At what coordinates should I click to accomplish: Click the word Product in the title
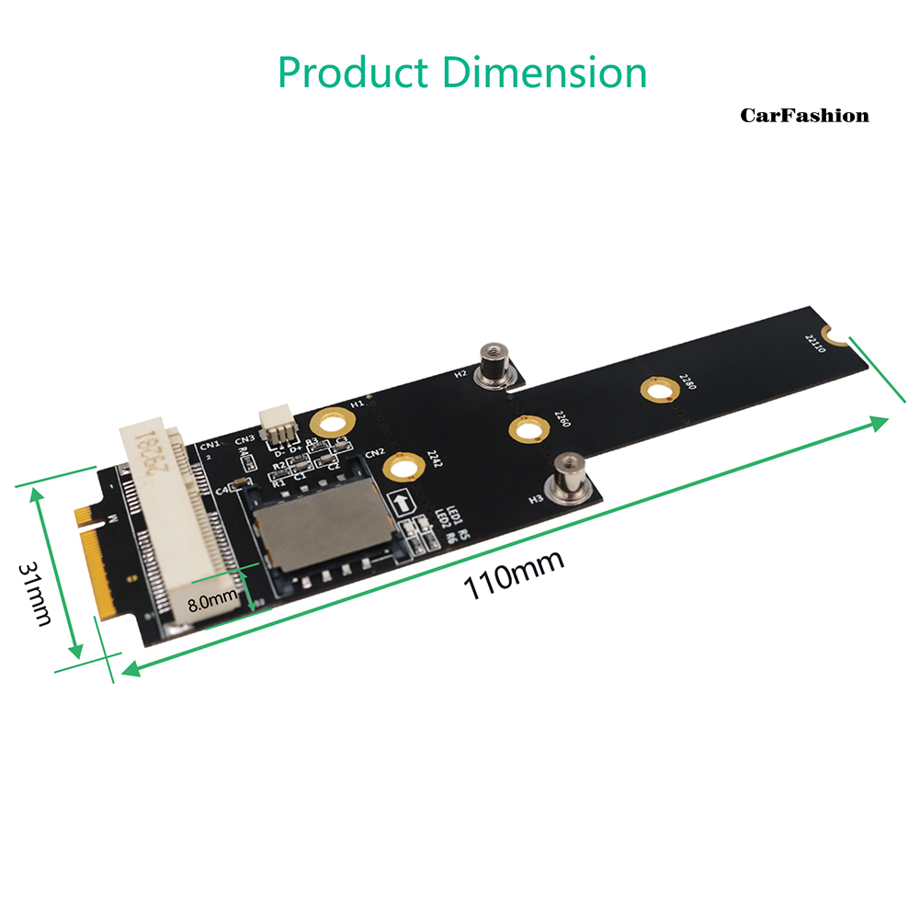point(354,73)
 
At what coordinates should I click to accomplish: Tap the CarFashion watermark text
point(804,116)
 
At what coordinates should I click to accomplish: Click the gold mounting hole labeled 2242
point(400,468)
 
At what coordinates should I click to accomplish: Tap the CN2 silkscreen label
point(373,454)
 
